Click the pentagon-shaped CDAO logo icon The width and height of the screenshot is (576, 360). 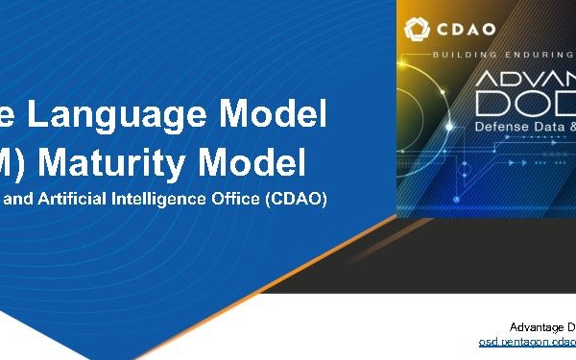coord(420,30)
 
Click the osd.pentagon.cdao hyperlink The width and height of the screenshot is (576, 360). coord(527,342)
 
